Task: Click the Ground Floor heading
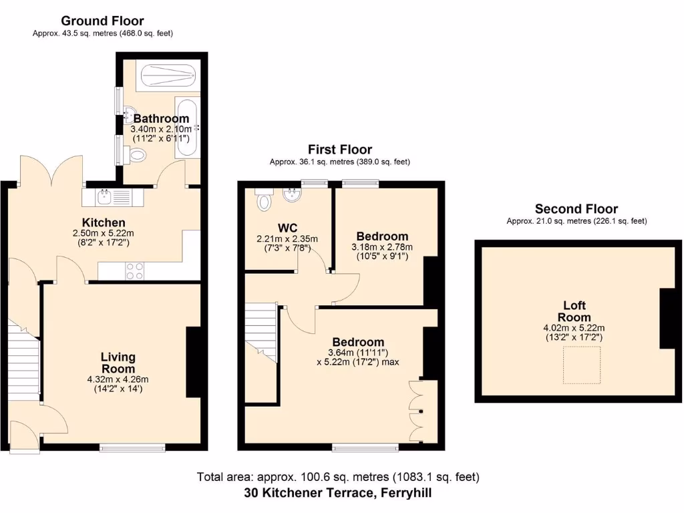click(103, 21)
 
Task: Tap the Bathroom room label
click(161, 118)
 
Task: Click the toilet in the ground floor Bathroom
click(137, 155)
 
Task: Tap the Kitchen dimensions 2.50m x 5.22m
click(104, 233)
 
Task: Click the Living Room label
click(118, 363)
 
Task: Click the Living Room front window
click(132, 447)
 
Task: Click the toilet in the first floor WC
click(264, 200)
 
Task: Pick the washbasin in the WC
click(292, 194)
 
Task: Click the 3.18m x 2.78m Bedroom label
click(382, 236)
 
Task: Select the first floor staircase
click(261, 331)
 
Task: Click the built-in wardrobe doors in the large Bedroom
click(416, 411)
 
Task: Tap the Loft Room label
click(574, 312)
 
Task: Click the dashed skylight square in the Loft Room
click(581, 365)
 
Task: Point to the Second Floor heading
click(576, 209)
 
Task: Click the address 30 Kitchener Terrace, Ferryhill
click(338, 494)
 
